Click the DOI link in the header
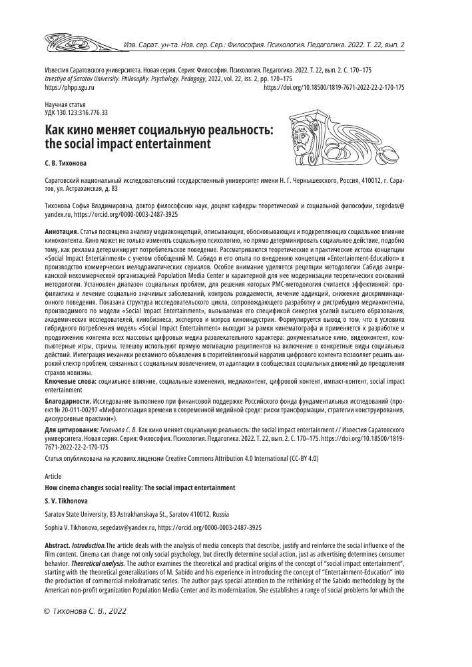tap(334, 87)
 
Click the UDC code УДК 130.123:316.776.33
tap(75, 113)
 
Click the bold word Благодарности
tap(67, 402)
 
